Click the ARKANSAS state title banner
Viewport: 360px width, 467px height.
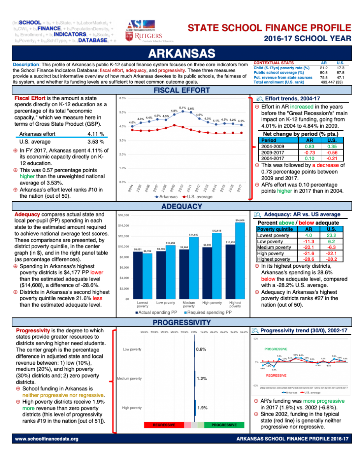[181, 53]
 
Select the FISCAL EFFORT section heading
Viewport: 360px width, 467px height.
[181, 90]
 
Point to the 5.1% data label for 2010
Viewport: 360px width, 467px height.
[183, 107]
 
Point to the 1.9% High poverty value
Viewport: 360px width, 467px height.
[202, 408]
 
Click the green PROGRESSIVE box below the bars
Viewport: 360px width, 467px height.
[224, 425]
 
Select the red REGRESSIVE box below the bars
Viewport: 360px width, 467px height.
[163, 425]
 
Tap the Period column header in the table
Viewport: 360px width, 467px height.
[269, 140]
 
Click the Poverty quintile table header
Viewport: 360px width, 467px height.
[275, 229]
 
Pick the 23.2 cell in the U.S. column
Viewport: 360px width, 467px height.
[332, 235]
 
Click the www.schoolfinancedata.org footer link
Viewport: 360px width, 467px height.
[47, 439]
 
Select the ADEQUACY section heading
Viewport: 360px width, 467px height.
[181, 206]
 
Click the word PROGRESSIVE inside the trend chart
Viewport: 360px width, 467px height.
[276, 349]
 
